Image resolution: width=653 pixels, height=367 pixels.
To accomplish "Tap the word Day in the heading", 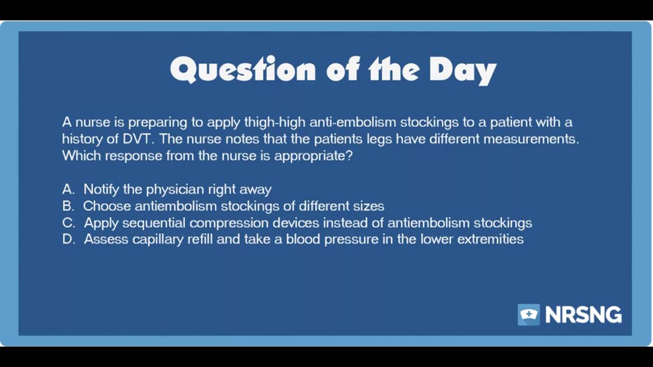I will click(x=462, y=69).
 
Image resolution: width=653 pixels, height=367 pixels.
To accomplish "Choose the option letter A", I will click(x=68, y=189).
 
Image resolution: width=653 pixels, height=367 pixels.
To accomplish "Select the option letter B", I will click(x=68, y=206).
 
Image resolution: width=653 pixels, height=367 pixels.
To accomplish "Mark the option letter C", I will click(x=68, y=223).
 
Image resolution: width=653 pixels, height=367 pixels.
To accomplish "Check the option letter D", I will click(x=68, y=239).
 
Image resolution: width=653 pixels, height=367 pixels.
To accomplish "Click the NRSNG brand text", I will click(x=583, y=315).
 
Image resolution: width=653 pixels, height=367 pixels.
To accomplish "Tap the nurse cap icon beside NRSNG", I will click(x=529, y=314).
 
